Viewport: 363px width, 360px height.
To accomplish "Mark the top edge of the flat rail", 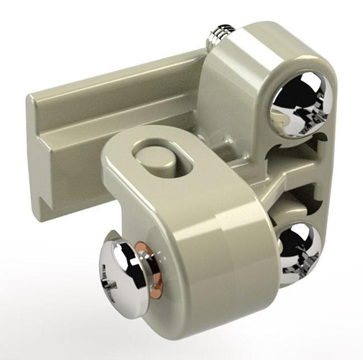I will pyautogui.click(x=112, y=75).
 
